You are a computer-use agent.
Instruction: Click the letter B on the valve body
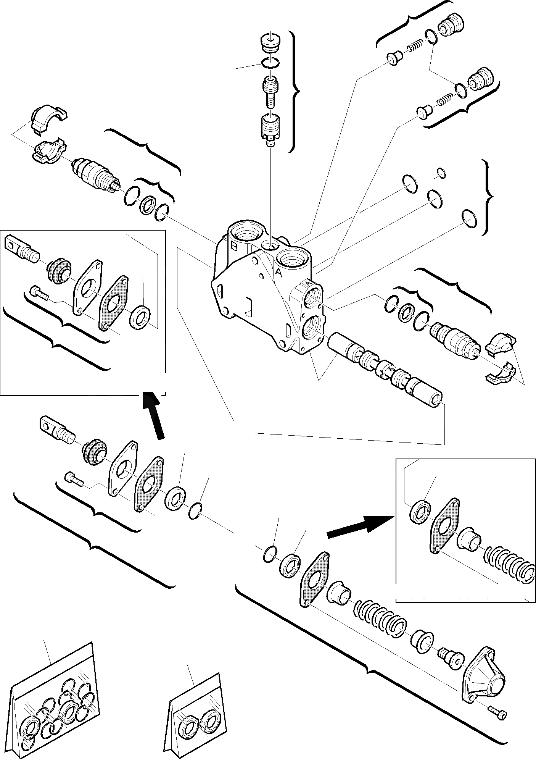[234, 247]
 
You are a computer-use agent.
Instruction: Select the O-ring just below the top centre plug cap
[270, 62]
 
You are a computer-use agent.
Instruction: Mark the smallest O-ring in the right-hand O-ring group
[441, 173]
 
